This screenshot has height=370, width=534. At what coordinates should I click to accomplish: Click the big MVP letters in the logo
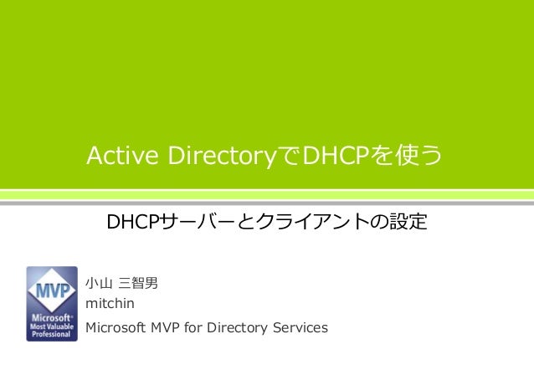pos(52,293)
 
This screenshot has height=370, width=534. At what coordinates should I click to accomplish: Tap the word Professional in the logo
pos(52,334)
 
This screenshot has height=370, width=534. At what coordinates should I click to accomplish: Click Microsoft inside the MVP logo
pos(50,318)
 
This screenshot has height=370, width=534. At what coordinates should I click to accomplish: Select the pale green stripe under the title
pos(267,195)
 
